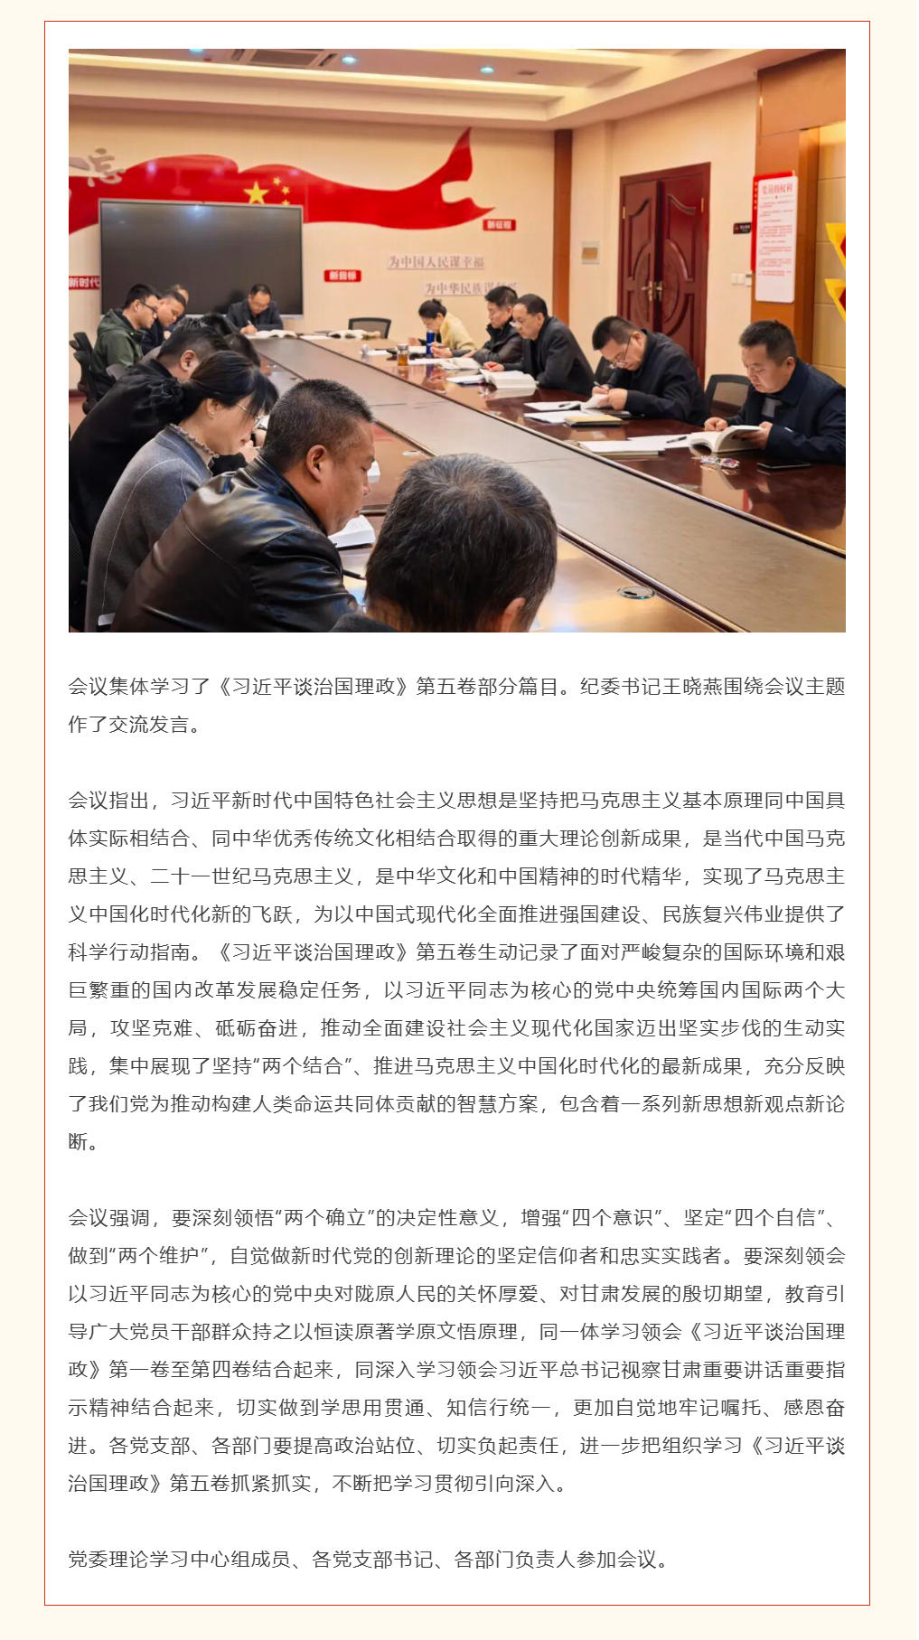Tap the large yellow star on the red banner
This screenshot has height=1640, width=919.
point(257,192)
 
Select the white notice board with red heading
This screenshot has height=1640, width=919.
point(774,239)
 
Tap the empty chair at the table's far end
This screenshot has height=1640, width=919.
point(370,327)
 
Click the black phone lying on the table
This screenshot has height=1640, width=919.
point(783,466)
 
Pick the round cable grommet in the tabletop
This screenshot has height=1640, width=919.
point(636,592)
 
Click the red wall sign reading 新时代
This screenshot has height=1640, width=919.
point(84,283)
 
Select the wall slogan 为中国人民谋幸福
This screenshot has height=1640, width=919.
point(436,262)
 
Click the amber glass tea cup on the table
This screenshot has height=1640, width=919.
point(402,356)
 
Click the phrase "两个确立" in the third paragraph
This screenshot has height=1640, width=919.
point(324,1218)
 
